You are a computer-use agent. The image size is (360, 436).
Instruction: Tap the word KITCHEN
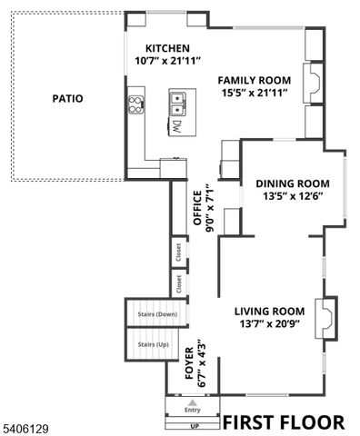[x=168, y=48]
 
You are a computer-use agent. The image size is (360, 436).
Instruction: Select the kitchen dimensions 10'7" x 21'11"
[x=168, y=61]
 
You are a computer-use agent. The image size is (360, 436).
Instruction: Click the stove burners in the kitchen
[x=136, y=102]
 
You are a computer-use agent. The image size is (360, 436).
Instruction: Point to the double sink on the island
[x=178, y=100]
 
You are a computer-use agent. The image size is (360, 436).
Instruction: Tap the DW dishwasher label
[x=179, y=124]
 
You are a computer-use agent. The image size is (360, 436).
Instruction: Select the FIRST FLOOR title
[x=284, y=422]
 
